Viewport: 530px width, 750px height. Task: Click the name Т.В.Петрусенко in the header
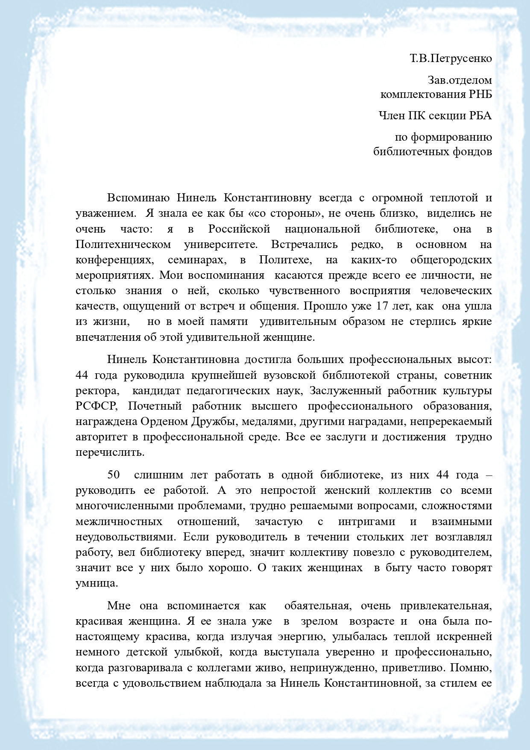(451, 58)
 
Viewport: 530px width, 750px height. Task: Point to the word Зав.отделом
(460, 80)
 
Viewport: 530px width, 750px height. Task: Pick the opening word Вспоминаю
(138, 198)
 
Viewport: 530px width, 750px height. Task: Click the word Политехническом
(123, 245)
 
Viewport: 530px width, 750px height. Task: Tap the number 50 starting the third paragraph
(113, 475)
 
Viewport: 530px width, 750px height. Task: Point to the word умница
(96, 583)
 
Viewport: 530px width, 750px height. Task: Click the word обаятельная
(317, 605)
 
